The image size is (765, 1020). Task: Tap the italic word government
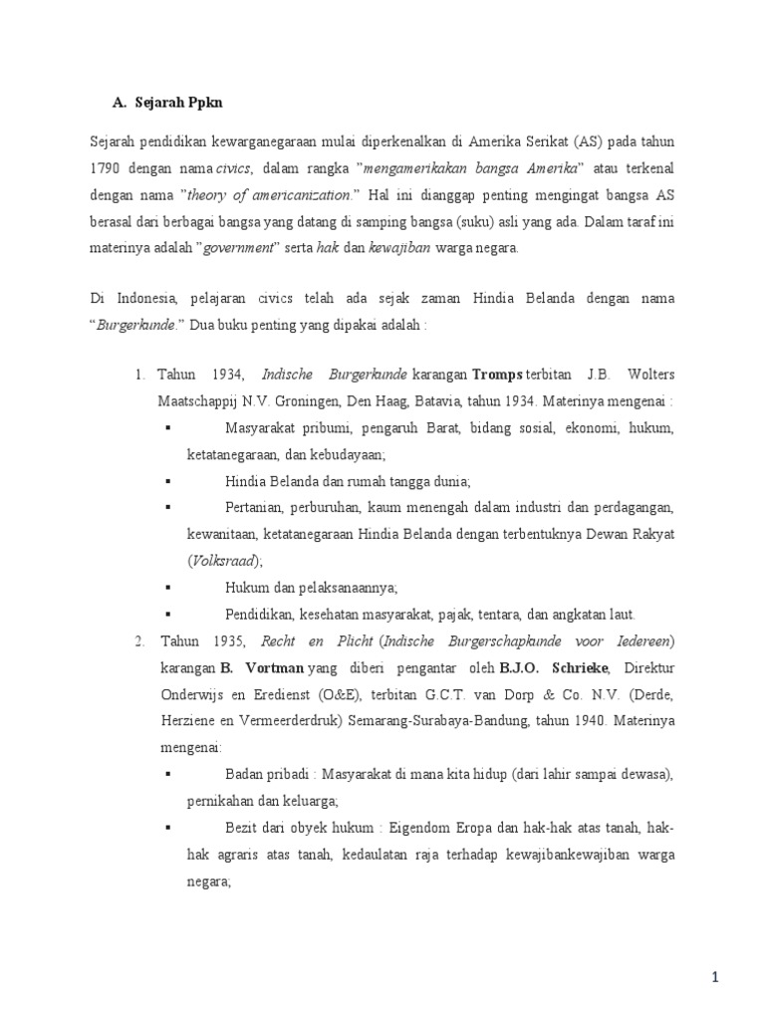(237, 247)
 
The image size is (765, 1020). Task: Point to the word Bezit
(244, 828)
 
